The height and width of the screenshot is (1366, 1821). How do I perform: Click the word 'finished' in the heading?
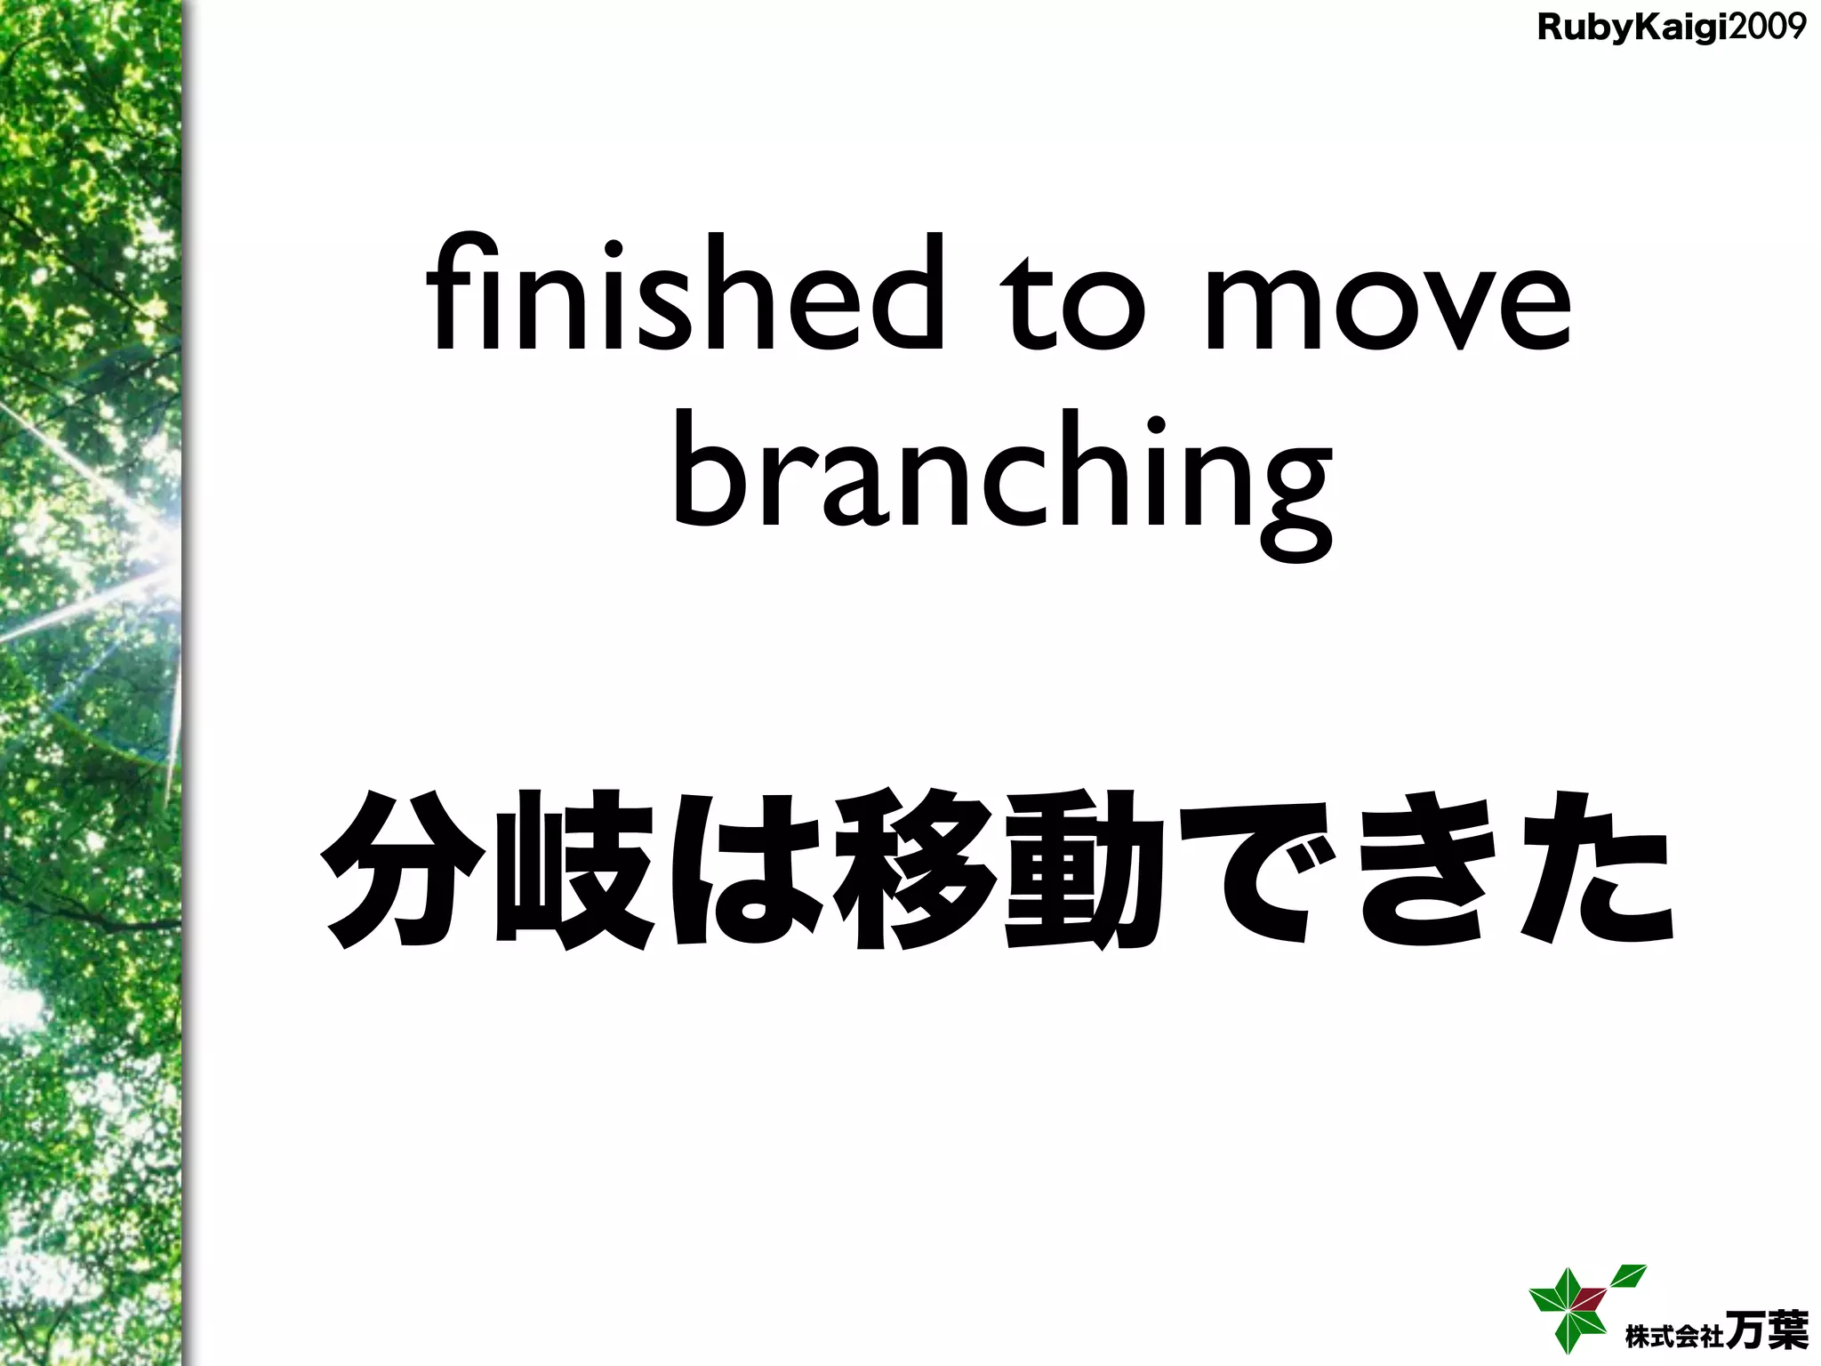tap(685, 293)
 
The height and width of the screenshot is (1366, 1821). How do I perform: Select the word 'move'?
tap(1387, 307)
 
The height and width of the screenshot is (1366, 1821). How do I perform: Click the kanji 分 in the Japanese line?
tap(403, 870)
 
